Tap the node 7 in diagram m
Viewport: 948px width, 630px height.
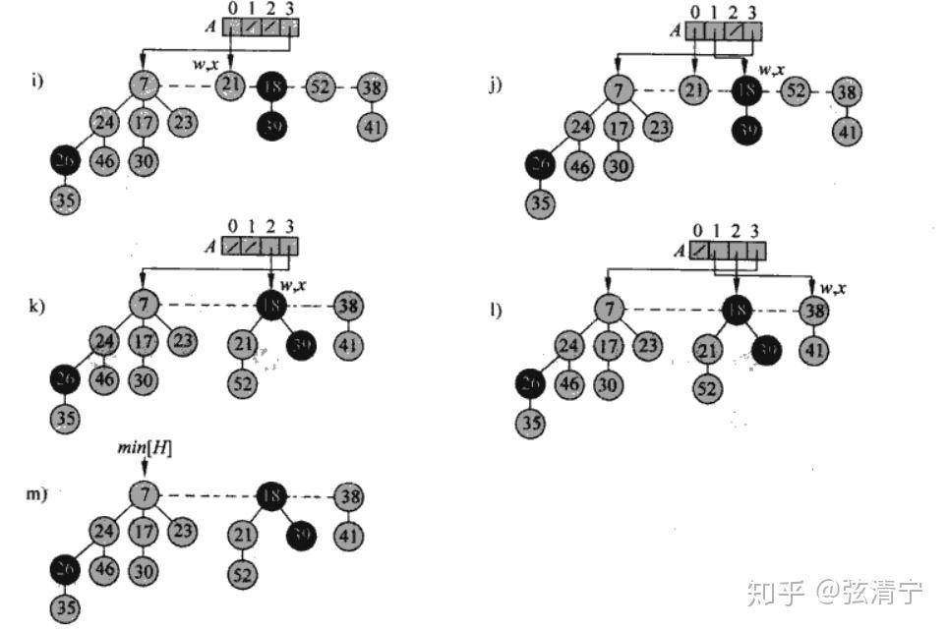145,495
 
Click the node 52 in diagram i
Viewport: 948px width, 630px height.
321,87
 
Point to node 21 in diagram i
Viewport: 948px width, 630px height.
230,87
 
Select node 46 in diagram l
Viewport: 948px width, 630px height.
568,384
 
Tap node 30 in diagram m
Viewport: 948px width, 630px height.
144,570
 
